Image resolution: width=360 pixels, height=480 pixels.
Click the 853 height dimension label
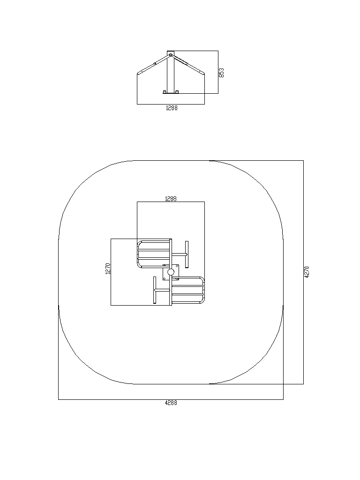[x=222, y=73]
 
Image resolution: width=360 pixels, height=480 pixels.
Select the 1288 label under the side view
[x=172, y=108]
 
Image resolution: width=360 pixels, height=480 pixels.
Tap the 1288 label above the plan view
[x=171, y=199]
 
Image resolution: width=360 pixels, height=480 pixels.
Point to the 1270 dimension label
[x=108, y=269]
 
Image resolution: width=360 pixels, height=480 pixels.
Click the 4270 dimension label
[x=307, y=272]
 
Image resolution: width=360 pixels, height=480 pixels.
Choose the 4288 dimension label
[x=171, y=403]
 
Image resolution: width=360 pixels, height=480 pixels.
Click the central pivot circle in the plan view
[x=171, y=272]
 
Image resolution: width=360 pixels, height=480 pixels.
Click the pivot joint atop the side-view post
[x=171, y=55]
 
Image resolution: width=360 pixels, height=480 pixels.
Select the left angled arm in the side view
[x=154, y=64]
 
